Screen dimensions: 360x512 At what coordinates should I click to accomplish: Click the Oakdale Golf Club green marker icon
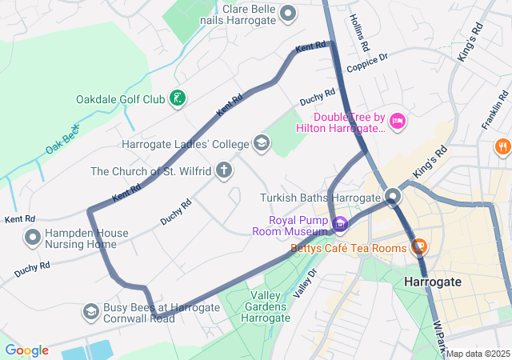[x=178, y=99]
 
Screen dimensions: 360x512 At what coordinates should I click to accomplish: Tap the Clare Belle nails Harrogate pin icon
[x=290, y=13]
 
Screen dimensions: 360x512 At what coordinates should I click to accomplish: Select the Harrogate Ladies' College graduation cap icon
[x=261, y=144]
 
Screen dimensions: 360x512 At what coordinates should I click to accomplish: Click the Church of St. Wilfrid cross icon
[x=225, y=170]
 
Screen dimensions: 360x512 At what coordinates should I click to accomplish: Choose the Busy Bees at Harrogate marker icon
[x=91, y=311]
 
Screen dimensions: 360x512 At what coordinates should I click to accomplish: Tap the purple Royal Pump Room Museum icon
[x=340, y=223]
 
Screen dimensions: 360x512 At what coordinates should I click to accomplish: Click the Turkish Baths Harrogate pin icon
[x=393, y=197]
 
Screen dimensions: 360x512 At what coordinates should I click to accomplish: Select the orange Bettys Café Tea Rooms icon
[x=417, y=247]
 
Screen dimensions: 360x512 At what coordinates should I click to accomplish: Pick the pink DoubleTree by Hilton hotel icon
[x=398, y=122]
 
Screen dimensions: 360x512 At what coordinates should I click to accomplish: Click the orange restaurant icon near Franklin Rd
[x=502, y=147]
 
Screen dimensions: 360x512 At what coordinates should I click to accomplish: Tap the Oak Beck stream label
[x=62, y=138]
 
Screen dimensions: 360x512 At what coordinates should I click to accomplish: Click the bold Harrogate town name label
[x=433, y=282]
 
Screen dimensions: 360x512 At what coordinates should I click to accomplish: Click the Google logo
[x=26, y=350]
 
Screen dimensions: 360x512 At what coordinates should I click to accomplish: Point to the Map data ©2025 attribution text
[x=478, y=354]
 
